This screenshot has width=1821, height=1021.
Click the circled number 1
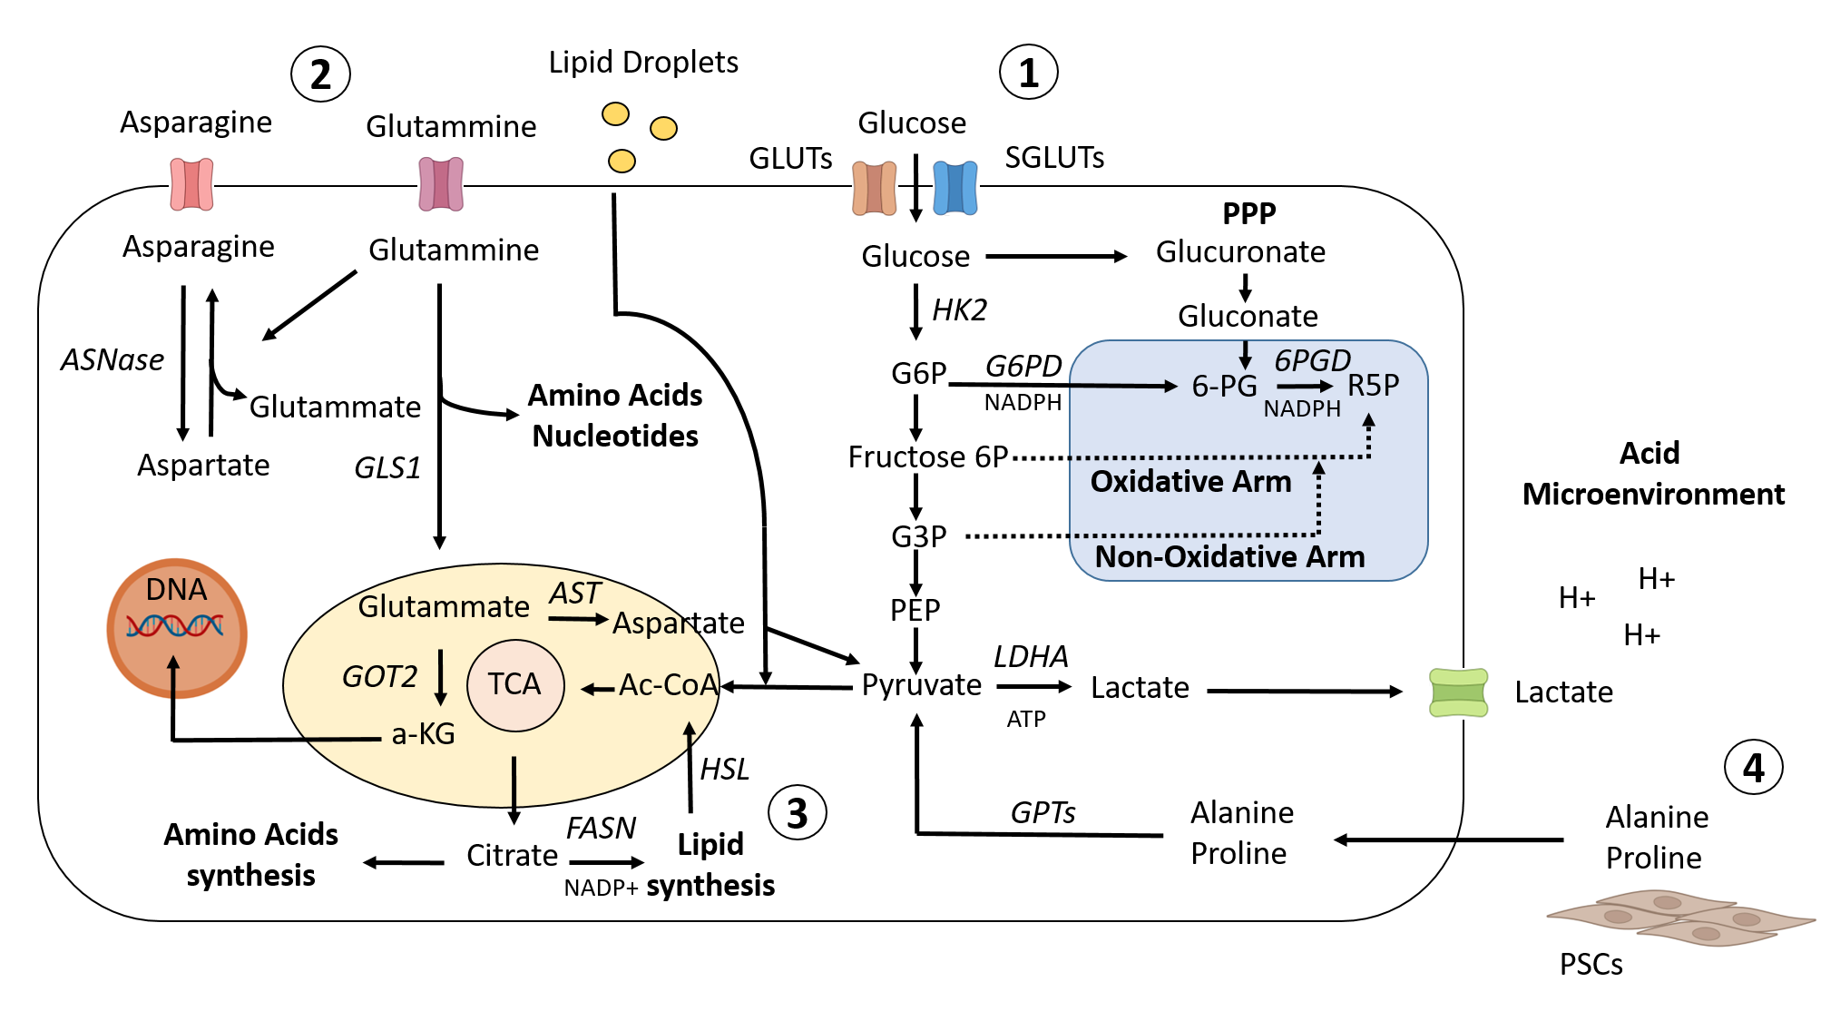click(1028, 73)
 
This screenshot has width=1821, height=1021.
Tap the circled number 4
click(1753, 768)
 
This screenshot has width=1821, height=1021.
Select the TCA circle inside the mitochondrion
click(514, 684)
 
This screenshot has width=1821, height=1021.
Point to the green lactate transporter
click(1458, 692)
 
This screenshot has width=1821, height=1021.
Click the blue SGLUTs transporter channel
click(955, 188)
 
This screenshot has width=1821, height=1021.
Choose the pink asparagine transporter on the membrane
click(191, 184)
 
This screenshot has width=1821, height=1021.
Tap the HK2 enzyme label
click(959, 310)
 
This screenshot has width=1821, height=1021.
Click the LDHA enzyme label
click(1031, 656)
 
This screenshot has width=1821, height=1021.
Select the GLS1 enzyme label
click(387, 467)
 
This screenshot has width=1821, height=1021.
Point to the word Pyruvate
click(921, 685)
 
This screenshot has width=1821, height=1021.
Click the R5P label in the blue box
click(1373, 386)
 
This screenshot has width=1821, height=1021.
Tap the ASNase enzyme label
click(113, 360)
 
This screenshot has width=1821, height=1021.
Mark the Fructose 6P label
click(927, 457)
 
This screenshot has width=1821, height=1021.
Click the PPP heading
click(1248, 213)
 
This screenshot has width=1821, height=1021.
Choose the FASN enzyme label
click(601, 828)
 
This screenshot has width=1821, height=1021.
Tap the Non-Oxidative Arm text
click(1229, 556)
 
